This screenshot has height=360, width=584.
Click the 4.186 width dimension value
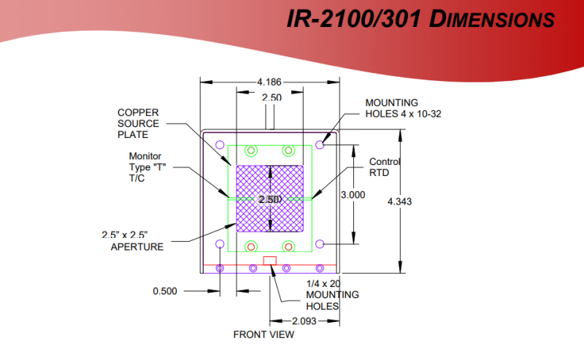coord(269,82)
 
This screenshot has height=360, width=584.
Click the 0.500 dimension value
coord(165,291)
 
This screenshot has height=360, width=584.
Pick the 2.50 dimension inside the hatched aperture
coord(271,199)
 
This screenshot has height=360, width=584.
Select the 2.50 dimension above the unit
coord(271,97)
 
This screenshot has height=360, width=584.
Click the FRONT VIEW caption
coord(264,334)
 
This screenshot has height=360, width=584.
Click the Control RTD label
coord(384,167)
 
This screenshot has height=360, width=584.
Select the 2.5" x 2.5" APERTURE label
coord(132,240)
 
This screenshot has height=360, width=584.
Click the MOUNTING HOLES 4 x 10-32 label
coord(403,107)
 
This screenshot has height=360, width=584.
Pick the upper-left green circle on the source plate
coord(251,151)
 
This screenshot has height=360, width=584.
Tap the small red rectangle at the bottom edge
coord(270,260)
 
